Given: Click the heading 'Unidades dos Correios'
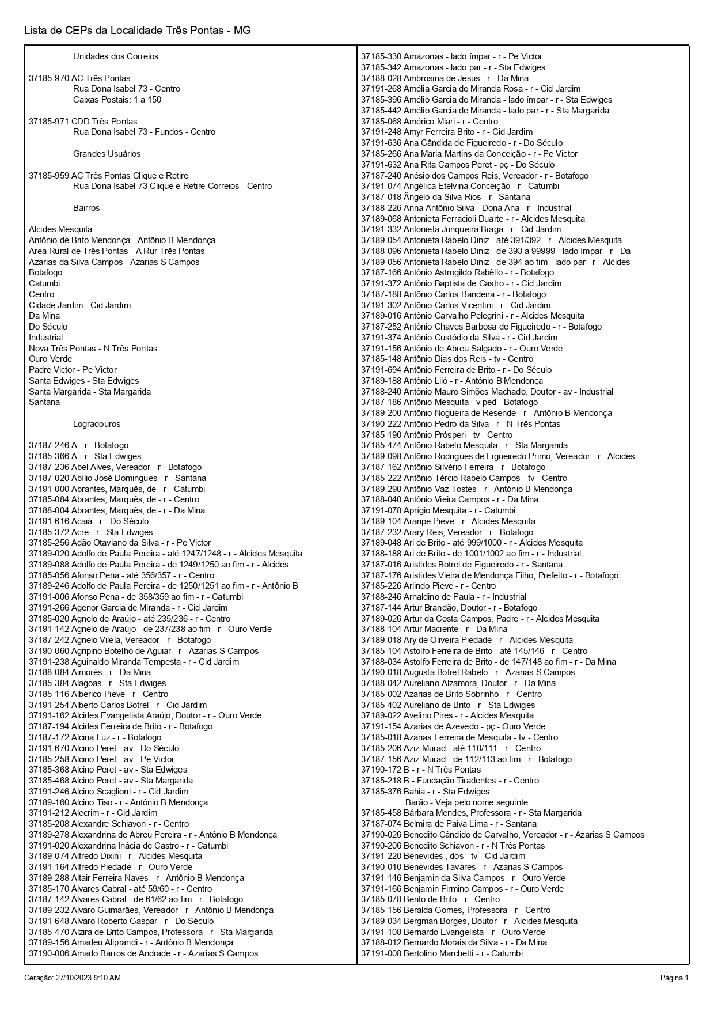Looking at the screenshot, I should pyautogui.click(x=116, y=56).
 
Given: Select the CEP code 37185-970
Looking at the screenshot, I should pyautogui.click(x=49, y=78).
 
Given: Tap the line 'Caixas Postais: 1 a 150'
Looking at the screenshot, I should pyautogui.click(x=117, y=100).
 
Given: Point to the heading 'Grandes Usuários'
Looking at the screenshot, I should pyautogui.click(x=107, y=154).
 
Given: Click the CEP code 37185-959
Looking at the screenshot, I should pyautogui.click(x=49, y=176).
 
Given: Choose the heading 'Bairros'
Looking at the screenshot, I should pyautogui.click(x=86, y=208).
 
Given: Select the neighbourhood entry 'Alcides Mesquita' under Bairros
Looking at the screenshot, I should pyautogui.click(x=60, y=229).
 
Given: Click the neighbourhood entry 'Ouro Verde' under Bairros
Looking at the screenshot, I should pyautogui.click(x=51, y=359).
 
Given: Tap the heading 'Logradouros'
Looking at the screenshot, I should pyautogui.click(x=97, y=424).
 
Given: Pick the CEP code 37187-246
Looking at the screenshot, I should pyautogui.click(x=49, y=445).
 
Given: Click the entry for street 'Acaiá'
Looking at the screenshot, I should pyautogui.click(x=89, y=521).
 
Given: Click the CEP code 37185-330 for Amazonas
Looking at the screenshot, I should pyautogui.click(x=381, y=56).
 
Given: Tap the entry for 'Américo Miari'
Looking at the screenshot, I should pyautogui.click(x=429, y=122).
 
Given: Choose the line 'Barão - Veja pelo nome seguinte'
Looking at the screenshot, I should pyautogui.click(x=466, y=802).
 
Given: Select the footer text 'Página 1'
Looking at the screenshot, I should pyautogui.click(x=674, y=978).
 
